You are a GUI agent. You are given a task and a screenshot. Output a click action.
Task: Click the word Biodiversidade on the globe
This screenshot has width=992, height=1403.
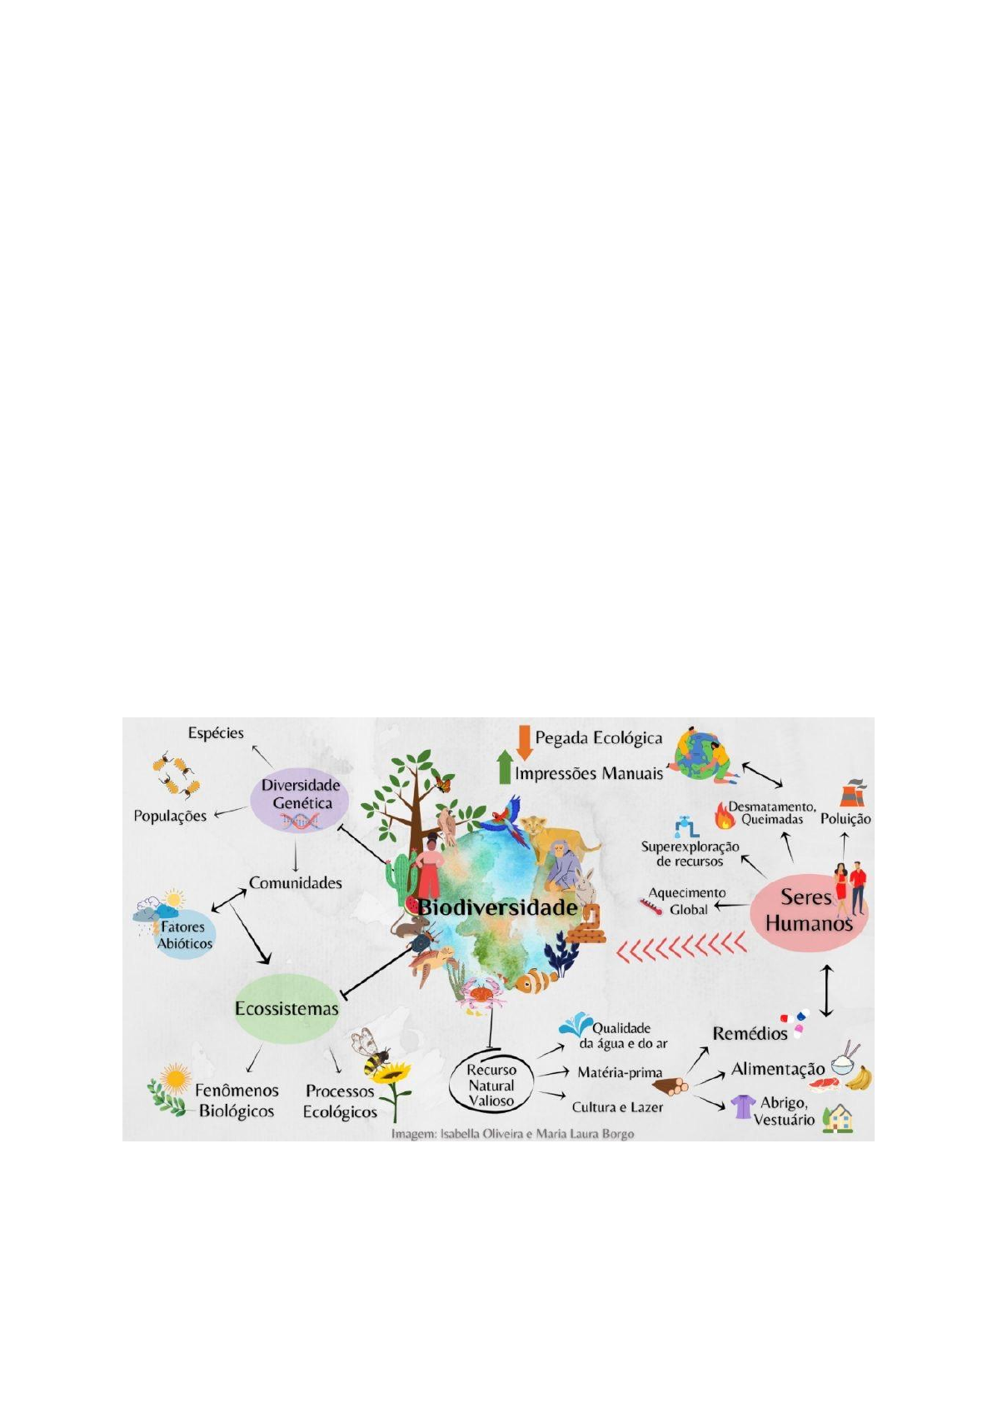[497, 907]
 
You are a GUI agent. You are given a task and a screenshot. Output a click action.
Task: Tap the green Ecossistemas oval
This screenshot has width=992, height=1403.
[286, 1009]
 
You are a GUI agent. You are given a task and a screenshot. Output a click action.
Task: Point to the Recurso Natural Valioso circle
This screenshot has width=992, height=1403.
[491, 1086]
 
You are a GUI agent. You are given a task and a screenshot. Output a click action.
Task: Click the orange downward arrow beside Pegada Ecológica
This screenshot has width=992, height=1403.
[524, 741]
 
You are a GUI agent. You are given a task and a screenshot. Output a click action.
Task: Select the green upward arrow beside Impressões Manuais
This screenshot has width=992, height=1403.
[503, 767]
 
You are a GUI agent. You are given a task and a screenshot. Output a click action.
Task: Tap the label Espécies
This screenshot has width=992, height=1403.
[216, 733]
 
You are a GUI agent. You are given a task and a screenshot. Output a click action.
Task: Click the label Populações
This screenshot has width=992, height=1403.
[170, 816]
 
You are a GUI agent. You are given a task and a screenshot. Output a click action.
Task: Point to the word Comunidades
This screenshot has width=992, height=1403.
[296, 883]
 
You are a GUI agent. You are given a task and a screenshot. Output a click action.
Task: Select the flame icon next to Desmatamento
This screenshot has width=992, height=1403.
[725, 815]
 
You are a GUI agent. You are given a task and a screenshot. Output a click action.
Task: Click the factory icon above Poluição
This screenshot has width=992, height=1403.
[851, 794]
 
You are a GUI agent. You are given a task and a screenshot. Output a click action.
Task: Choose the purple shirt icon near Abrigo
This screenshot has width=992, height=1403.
[742, 1106]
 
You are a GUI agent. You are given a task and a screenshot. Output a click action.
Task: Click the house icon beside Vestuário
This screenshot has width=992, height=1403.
[838, 1117]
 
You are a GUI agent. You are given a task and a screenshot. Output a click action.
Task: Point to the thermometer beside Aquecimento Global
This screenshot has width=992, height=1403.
[650, 905]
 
